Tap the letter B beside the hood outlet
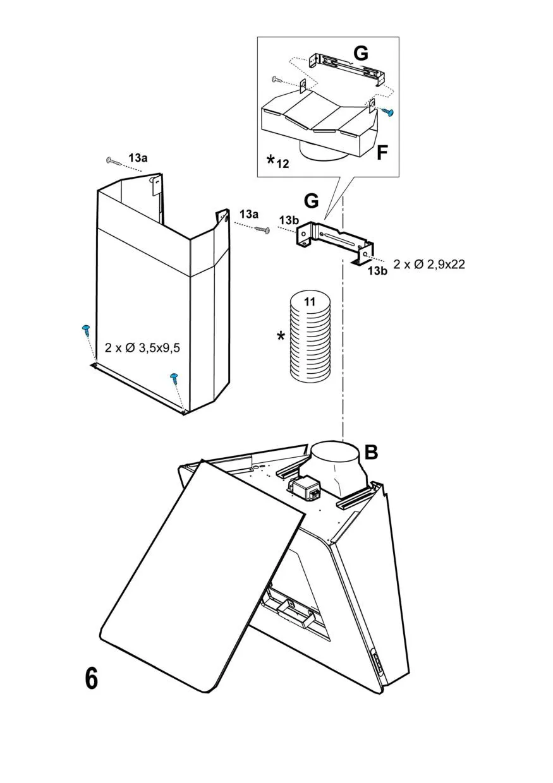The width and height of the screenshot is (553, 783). pyautogui.click(x=372, y=452)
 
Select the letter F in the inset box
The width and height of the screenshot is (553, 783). pyautogui.click(x=381, y=152)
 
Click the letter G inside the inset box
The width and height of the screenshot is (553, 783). pyautogui.click(x=360, y=54)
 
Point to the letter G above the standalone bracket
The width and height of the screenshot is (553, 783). pyautogui.click(x=312, y=201)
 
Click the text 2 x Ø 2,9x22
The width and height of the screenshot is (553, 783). pyautogui.click(x=429, y=265)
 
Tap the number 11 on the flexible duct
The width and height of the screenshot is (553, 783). pyautogui.click(x=310, y=302)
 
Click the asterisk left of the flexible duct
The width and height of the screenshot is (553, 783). pyautogui.click(x=281, y=337)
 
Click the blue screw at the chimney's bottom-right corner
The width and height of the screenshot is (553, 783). pyautogui.click(x=174, y=378)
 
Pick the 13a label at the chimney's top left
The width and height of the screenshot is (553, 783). pyautogui.click(x=138, y=158)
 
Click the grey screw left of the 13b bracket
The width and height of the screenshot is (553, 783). pyautogui.click(x=262, y=229)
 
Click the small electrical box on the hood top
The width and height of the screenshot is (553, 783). pyautogui.click(x=303, y=487)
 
